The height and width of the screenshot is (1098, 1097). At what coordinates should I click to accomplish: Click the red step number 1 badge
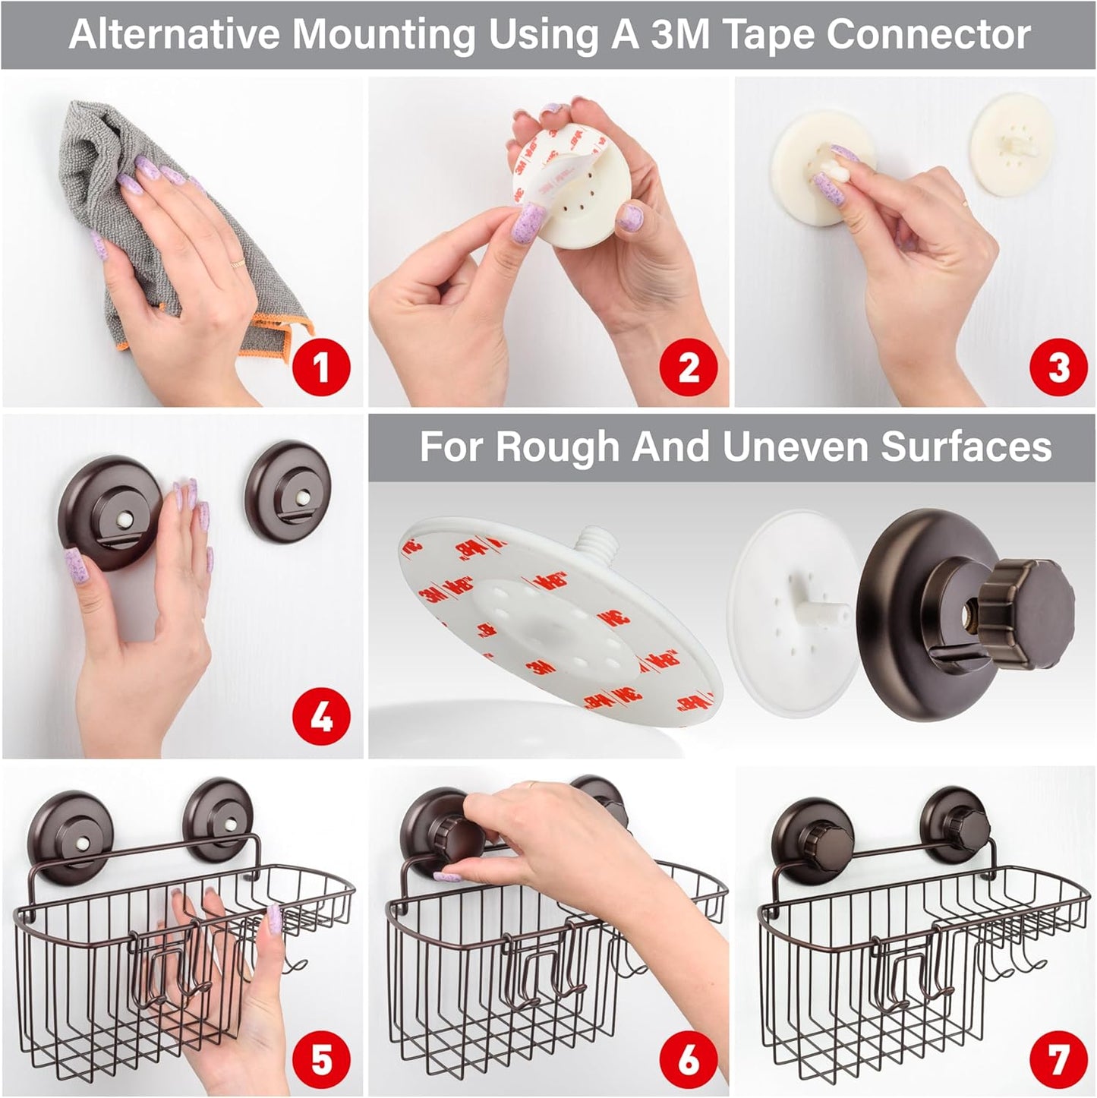321,368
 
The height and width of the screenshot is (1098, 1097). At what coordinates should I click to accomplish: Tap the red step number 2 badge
688,368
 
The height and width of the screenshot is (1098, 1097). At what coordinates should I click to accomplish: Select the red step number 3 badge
1058,368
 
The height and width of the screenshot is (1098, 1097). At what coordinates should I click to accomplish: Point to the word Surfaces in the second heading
966,446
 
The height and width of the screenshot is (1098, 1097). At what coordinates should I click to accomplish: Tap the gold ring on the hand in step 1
237,263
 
